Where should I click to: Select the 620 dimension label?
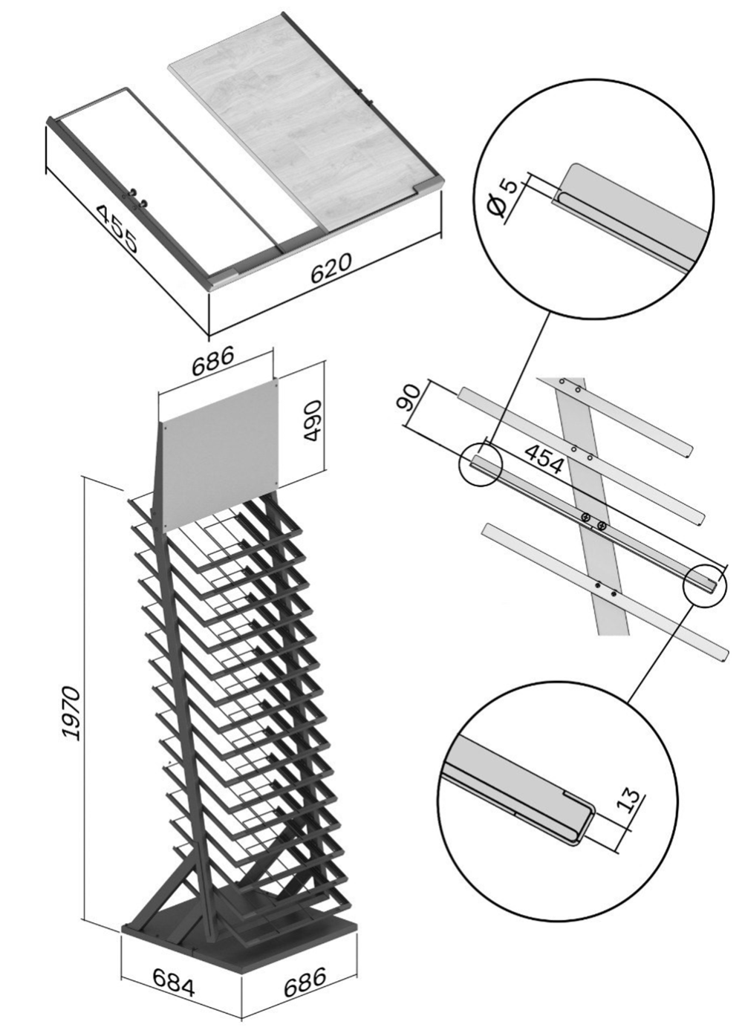(x=331, y=268)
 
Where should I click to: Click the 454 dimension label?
(x=544, y=459)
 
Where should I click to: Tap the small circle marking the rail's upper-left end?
(x=480, y=464)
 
